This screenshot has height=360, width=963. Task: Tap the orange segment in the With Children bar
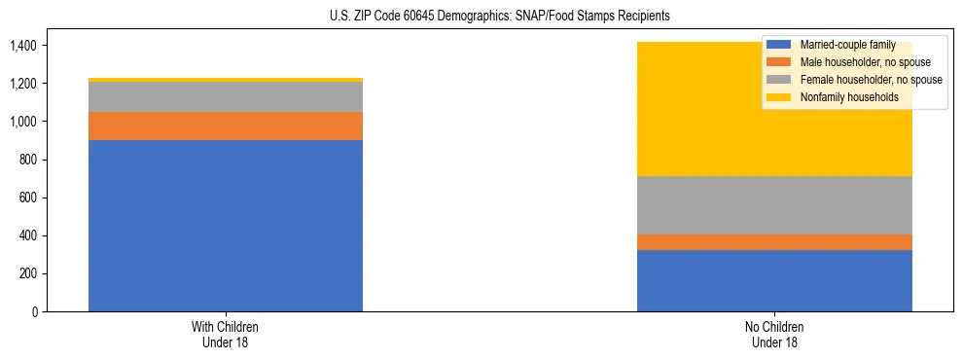click(226, 126)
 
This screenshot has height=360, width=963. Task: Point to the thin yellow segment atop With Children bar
click(226, 80)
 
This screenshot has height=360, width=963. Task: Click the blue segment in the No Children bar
click(774, 280)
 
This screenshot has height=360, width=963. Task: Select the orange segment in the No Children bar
click(774, 242)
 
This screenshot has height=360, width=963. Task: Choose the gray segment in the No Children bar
click(774, 205)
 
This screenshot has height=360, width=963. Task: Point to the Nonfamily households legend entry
click(841, 97)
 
